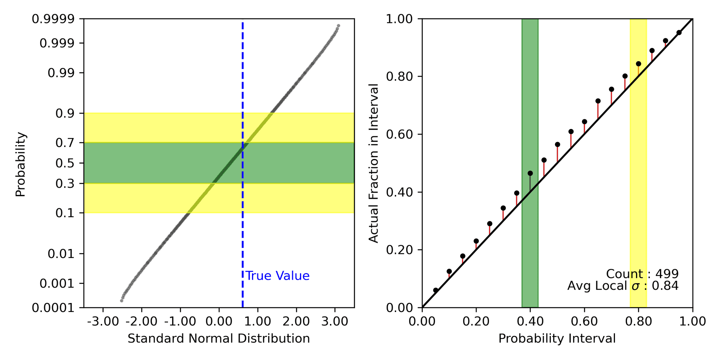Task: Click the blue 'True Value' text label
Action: (277, 276)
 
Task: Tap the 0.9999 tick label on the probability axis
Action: (53, 19)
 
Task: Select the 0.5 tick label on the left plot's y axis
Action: (65, 163)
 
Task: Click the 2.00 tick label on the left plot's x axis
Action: (296, 321)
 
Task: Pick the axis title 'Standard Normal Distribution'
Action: (219, 339)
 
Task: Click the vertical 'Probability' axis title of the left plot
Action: (21, 164)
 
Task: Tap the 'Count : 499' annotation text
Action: (642, 274)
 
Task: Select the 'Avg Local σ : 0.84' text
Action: (623, 286)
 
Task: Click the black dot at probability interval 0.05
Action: (436, 290)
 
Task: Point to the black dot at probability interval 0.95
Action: (679, 33)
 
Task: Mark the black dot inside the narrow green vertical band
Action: (530, 173)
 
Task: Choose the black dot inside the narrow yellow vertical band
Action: (639, 64)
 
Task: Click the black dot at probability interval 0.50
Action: (558, 144)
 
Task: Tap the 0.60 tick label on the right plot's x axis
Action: (584, 321)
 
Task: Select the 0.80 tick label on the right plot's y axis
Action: (399, 76)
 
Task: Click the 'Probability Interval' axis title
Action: (557, 339)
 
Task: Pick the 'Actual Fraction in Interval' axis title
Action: (374, 163)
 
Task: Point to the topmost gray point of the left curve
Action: (338, 26)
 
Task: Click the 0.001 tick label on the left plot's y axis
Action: (57, 283)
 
